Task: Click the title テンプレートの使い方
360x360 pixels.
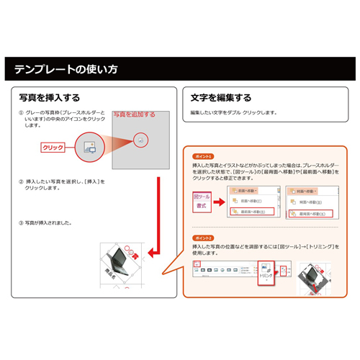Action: click(x=66, y=71)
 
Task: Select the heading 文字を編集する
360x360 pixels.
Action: click(x=221, y=97)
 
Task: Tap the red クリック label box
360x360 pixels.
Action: click(x=53, y=147)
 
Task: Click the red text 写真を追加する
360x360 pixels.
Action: click(x=135, y=114)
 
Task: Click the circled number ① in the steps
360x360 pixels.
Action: click(x=21, y=113)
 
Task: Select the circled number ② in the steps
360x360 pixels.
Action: click(x=21, y=181)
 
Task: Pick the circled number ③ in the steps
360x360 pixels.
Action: click(x=21, y=222)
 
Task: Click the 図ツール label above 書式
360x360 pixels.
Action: click(x=202, y=195)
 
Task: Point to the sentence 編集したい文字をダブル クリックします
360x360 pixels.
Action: click(x=233, y=113)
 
